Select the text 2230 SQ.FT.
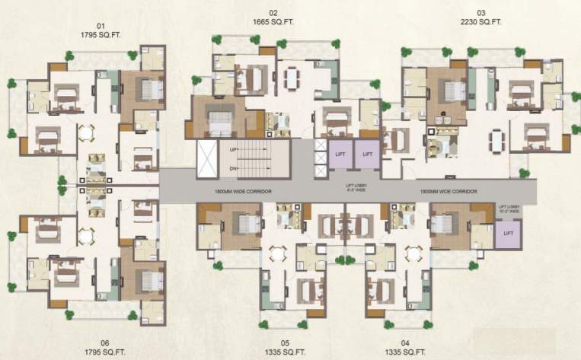pyautogui.click(x=480, y=23)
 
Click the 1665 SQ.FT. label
pyautogui.click(x=273, y=23)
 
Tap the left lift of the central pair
pyautogui.click(x=340, y=154)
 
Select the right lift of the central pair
pyautogui.click(x=368, y=154)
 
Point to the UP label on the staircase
pyautogui.click(x=235, y=150)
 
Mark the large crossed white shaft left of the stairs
pyautogui.click(x=207, y=159)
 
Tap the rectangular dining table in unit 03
pyautogui.click(x=496, y=141)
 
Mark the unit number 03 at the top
pyautogui.click(x=480, y=13)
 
